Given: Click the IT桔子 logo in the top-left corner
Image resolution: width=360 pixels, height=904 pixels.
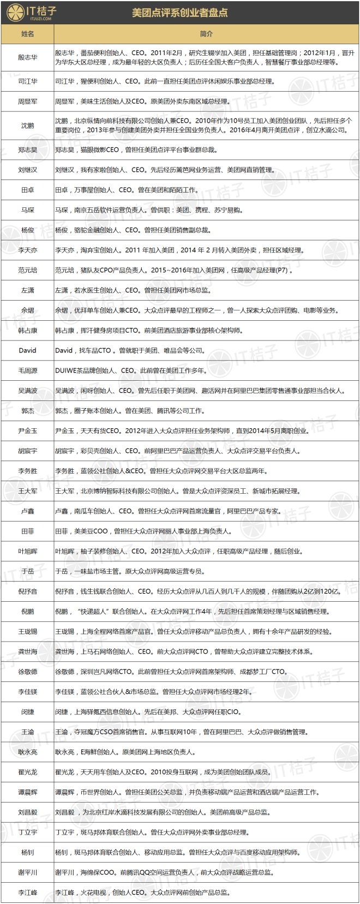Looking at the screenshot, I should pyautogui.click(x=31, y=13).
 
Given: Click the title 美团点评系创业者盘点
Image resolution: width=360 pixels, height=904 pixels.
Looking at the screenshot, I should pyautogui.click(x=180, y=13).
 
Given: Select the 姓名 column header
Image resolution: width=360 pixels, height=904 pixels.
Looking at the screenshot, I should pyautogui.click(x=27, y=34).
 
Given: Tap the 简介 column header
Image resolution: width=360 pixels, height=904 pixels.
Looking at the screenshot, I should pyautogui.click(x=206, y=34).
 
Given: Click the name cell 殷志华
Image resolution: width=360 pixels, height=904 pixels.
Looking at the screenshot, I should pyautogui.click(x=27, y=57).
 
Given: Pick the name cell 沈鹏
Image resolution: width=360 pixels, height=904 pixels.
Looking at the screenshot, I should pyautogui.click(x=27, y=125).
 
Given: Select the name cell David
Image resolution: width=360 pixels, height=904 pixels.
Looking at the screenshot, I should pyautogui.click(x=27, y=350).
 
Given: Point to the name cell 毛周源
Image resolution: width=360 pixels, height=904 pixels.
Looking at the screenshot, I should pyautogui.click(x=27, y=370).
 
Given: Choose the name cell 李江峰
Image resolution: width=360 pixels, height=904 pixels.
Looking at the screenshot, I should pyautogui.click(x=27, y=893).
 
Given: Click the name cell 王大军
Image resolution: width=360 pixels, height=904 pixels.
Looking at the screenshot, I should pyautogui.click(x=27, y=491).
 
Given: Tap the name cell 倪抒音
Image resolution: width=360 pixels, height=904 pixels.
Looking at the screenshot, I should pyautogui.click(x=27, y=591).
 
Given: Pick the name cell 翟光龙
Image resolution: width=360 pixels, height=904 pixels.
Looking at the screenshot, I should pyautogui.click(x=27, y=772).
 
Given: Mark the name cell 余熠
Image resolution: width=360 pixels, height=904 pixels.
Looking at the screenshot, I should pyautogui.click(x=27, y=310).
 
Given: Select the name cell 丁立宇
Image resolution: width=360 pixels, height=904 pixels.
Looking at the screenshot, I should pyautogui.click(x=27, y=833).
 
